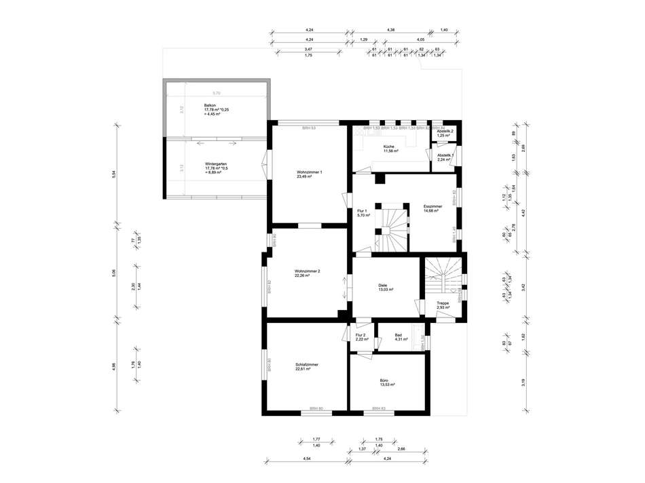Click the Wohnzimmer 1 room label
[x=309, y=172]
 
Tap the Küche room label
[x=389, y=147]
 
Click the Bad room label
[x=398, y=334]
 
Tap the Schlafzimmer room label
[x=307, y=365]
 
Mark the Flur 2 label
[x=361, y=334]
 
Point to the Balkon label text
[x=210, y=105]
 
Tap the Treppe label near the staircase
[x=443, y=304]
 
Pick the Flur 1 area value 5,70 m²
[x=363, y=215]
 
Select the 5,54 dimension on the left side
[x=115, y=173]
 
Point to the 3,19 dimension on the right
[x=523, y=382]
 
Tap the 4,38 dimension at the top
[x=391, y=31]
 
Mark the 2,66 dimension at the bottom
[x=401, y=449]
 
